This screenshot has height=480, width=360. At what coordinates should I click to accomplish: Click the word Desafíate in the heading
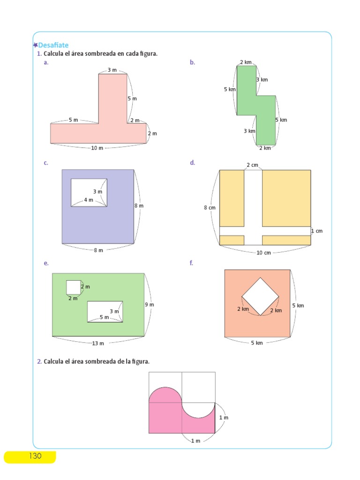(x=53, y=45)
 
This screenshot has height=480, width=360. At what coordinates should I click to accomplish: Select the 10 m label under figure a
(x=97, y=148)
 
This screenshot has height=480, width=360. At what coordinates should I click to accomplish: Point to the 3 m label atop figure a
(x=112, y=70)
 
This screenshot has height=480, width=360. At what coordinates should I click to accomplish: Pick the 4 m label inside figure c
(x=89, y=200)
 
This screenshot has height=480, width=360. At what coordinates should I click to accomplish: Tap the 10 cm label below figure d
(x=263, y=253)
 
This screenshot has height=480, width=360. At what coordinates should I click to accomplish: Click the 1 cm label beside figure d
(x=317, y=231)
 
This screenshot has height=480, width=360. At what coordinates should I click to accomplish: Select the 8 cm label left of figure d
(x=209, y=207)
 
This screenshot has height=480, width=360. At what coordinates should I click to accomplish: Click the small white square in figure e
(x=73, y=286)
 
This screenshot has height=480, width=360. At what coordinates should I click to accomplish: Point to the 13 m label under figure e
(x=98, y=344)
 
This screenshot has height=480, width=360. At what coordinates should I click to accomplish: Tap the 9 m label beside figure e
(x=150, y=305)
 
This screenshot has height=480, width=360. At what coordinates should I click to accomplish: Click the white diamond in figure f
(x=260, y=296)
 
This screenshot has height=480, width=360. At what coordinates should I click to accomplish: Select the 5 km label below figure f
(x=257, y=343)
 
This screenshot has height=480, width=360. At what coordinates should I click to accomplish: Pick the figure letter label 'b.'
(x=192, y=62)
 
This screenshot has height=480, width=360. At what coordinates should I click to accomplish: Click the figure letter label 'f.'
(x=191, y=263)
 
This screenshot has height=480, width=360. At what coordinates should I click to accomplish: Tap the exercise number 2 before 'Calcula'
(x=39, y=361)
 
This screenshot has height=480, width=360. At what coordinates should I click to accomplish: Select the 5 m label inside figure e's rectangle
(x=104, y=317)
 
